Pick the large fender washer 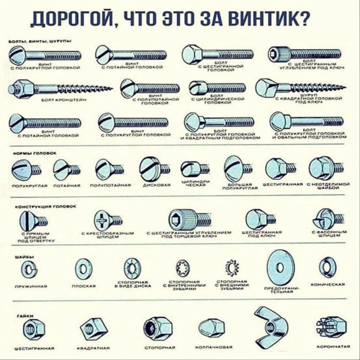[x=280, y=267]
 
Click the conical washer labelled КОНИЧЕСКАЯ [x=327, y=267]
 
